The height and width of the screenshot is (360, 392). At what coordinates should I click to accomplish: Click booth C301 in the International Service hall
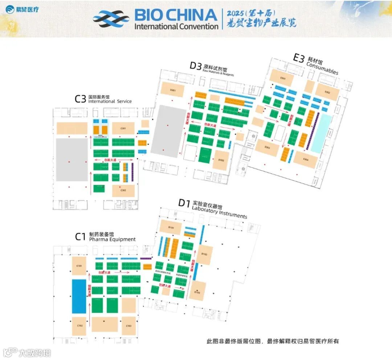click(x=123, y=128)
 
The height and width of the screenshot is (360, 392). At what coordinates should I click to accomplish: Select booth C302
click(x=123, y=191)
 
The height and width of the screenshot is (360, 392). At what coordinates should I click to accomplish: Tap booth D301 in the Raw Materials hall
click(x=173, y=90)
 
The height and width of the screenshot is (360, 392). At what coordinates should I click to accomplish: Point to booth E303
click(x=268, y=147)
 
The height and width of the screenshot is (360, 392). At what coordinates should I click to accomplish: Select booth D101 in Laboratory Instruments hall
click(x=171, y=228)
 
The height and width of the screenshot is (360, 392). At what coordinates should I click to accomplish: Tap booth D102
click(x=204, y=255)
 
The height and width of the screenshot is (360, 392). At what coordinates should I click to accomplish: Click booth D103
click(x=197, y=292)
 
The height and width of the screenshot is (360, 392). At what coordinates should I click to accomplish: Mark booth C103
click(x=128, y=326)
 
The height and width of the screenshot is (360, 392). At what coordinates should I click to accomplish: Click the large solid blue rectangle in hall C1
click(x=79, y=296)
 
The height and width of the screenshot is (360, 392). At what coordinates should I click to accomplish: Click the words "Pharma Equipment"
click(x=112, y=239)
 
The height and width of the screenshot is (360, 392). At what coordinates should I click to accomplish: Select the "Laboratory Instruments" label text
click(x=219, y=212)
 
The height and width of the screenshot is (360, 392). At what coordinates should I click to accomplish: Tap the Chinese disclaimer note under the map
click(x=273, y=341)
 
